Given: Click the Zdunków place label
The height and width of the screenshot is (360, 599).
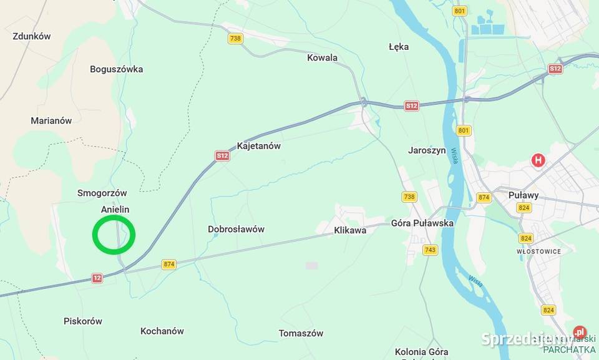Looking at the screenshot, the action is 32,36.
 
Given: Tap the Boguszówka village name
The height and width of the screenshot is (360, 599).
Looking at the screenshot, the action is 116,69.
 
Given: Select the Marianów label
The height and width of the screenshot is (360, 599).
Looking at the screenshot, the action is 51,120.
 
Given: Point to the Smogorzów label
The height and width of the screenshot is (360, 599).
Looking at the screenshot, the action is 102,193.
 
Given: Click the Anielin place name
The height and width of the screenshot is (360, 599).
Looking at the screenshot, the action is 115,210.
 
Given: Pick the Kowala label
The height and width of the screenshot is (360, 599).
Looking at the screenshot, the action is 322,58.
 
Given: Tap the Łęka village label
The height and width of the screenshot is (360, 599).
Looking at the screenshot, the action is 398,47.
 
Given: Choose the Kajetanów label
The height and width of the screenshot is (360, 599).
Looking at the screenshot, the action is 258,146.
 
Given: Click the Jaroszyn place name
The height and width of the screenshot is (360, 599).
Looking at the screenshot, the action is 427,150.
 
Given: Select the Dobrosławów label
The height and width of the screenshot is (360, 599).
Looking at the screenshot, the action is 236,229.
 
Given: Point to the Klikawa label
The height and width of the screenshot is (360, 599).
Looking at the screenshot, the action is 350,230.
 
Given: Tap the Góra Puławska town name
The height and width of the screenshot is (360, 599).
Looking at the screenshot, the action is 422,223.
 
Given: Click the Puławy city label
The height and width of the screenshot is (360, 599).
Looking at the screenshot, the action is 523,195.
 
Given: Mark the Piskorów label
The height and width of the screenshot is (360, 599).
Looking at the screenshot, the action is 82,321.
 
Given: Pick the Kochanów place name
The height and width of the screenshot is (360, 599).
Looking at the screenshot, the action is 162,331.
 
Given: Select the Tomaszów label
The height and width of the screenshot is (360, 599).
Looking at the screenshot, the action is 301,333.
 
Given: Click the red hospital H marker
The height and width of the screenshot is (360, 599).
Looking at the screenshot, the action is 538,160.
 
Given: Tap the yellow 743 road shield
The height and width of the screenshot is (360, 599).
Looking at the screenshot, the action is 430,250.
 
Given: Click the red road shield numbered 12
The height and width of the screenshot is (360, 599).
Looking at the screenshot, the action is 97,278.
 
